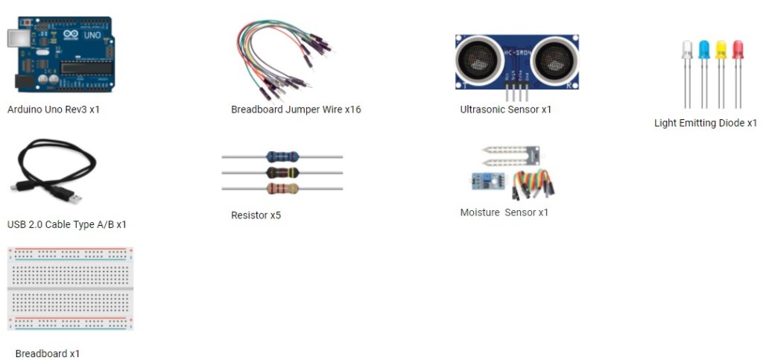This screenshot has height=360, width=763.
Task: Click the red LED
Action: coord(738,50)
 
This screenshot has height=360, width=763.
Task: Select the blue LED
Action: coord(704,50)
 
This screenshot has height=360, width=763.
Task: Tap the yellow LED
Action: coord(721,50)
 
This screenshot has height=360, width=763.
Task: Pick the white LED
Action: coord(687,51)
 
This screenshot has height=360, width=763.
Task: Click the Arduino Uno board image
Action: coord(60,56)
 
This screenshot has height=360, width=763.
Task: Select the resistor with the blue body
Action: coord(282,157)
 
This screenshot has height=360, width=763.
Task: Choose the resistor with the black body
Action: coord(282,172)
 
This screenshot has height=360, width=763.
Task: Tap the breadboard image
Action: coord(69,288)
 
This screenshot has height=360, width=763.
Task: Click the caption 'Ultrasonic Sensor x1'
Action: coord(505,110)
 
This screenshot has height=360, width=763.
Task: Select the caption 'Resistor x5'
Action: coord(256,215)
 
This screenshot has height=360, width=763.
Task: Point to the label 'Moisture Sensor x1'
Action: coord(504,212)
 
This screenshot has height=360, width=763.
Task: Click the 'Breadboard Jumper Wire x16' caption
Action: coord(296,110)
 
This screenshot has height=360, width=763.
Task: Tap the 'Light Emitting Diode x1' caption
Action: coord(705,123)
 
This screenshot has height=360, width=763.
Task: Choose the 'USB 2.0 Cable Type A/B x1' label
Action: coord(66,224)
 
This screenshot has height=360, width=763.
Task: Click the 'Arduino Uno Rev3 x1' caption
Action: coord(53,109)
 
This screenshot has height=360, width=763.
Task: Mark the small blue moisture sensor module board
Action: coord(484,180)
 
